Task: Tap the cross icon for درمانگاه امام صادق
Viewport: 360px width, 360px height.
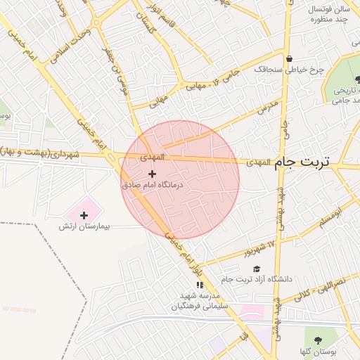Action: (152, 173)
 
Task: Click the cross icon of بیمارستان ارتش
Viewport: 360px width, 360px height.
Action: (84, 214)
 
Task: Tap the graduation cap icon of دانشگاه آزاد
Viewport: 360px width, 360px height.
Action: (257, 269)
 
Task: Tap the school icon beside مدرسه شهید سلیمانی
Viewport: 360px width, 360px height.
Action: (199, 285)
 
